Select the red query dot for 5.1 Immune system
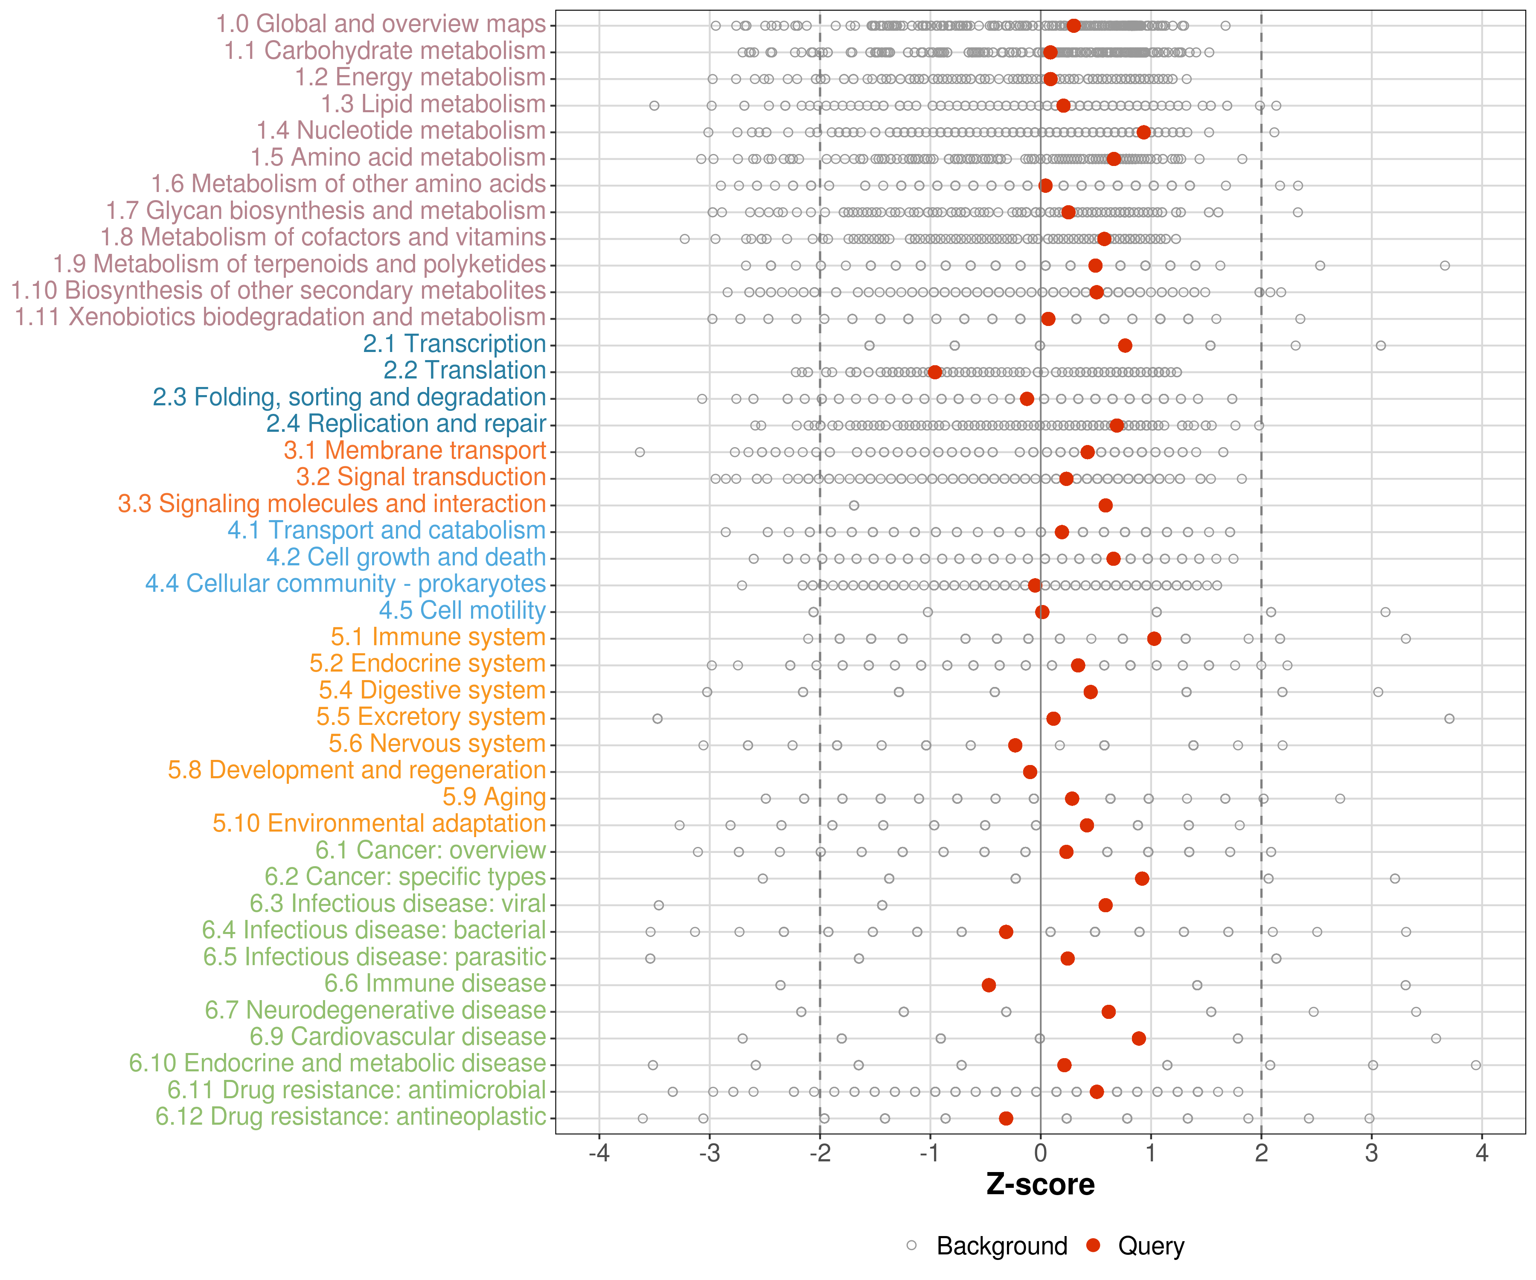1154,639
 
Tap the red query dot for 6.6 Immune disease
989,985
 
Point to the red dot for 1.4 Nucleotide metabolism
1144,132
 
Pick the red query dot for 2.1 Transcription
1125,345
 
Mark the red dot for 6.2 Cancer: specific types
1142,879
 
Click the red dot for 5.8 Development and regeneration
1030,772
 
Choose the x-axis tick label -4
599,1153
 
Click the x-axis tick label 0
1040,1153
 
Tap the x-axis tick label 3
1371,1153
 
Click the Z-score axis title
1040,1184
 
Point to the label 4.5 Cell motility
462,610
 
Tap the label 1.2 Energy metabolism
420,78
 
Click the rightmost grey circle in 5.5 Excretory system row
1449,719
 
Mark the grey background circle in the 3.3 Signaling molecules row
854,506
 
